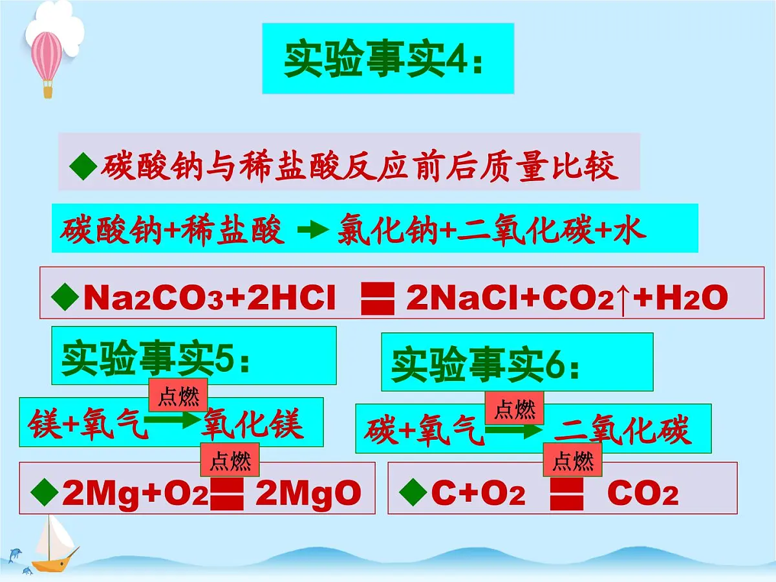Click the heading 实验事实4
pyautogui.click(x=383, y=59)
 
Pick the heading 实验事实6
pyautogui.click(x=485, y=364)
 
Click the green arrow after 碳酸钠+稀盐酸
pyautogui.click(x=313, y=230)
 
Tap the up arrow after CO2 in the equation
pyautogui.click(x=623, y=299)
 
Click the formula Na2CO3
pyautogui.click(x=154, y=297)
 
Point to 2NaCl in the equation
pyautogui.click(x=463, y=297)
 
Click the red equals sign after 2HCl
pyautogui.click(x=378, y=299)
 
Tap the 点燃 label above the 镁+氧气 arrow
pyautogui.click(x=178, y=395)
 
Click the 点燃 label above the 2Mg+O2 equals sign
pyautogui.click(x=230, y=460)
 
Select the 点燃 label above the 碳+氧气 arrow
pyautogui.click(x=514, y=408)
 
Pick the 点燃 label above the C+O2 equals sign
pyautogui.click(x=573, y=460)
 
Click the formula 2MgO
pyautogui.click(x=308, y=493)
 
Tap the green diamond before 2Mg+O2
pyautogui.click(x=45, y=492)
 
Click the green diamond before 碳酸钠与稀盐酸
pyautogui.click(x=83, y=166)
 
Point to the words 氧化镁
pyautogui.click(x=252, y=424)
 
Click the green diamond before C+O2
pyautogui.click(x=413, y=492)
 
